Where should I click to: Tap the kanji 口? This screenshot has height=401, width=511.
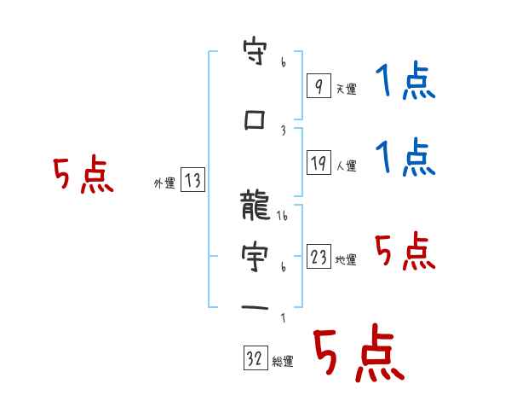point(255,120)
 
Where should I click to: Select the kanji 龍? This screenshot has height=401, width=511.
point(255,206)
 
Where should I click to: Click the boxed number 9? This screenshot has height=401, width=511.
point(318,87)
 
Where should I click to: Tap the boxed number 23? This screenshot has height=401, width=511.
point(318,258)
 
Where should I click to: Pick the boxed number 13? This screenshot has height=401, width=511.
point(192,180)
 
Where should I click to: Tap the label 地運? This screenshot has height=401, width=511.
point(346,260)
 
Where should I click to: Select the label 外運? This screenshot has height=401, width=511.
point(164,182)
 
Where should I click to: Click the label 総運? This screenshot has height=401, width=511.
point(283,362)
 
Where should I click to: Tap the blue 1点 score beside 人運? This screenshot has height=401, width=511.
point(405,159)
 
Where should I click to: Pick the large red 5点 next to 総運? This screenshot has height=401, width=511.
point(358,354)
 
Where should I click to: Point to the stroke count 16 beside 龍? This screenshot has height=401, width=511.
point(284,218)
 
